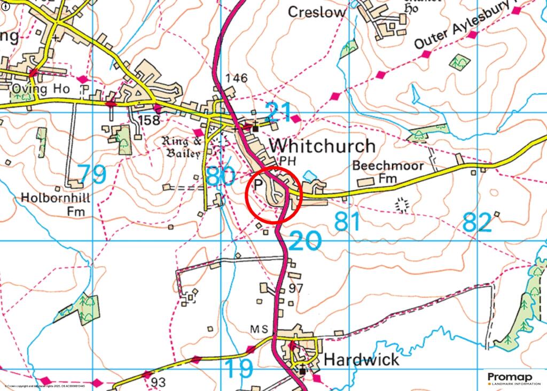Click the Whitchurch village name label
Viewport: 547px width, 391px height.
pos(322,145)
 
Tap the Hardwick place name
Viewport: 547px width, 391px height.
pos(361,359)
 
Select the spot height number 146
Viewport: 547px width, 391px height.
pos(237,78)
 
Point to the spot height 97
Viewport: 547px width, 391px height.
pos(295,288)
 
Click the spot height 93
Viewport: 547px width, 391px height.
pos(158,382)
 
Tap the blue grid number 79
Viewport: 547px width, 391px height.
pos(92,175)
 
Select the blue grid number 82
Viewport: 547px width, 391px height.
pos(476,222)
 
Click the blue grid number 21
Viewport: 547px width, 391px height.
pos(278,112)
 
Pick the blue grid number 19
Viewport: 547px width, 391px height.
pos(238,369)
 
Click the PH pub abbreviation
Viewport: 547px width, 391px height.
pos(287,161)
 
